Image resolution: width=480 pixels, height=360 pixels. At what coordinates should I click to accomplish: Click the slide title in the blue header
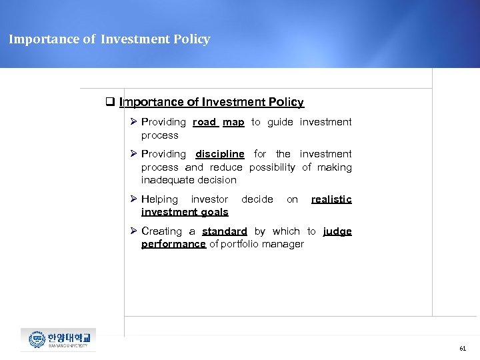click(109, 39)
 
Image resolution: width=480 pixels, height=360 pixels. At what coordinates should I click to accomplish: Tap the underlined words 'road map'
click(219, 122)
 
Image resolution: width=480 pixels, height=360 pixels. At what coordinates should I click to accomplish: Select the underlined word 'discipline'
click(220, 154)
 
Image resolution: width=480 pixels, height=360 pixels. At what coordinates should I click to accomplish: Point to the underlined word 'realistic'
click(331, 199)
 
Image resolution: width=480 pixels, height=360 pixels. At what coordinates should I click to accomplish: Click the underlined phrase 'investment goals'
click(185, 212)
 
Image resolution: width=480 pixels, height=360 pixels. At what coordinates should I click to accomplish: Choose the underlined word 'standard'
click(225, 231)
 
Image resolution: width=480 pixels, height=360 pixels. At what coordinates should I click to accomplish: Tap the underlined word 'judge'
click(337, 231)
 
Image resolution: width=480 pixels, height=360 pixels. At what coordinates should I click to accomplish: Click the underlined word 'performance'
click(173, 244)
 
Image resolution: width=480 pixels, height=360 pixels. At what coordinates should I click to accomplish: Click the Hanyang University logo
click(58, 340)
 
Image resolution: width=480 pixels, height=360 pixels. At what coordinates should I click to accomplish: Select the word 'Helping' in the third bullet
click(159, 199)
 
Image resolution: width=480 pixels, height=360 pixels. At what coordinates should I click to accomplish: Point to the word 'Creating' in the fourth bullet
click(161, 231)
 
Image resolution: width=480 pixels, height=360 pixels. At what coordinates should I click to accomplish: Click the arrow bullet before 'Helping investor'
click(134, 199)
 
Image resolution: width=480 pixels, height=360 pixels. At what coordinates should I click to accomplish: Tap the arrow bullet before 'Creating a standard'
click(134, 231)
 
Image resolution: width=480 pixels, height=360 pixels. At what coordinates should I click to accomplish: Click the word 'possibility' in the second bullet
click(272, 167)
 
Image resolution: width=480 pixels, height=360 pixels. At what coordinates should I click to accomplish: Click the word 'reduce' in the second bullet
click(226, 167)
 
